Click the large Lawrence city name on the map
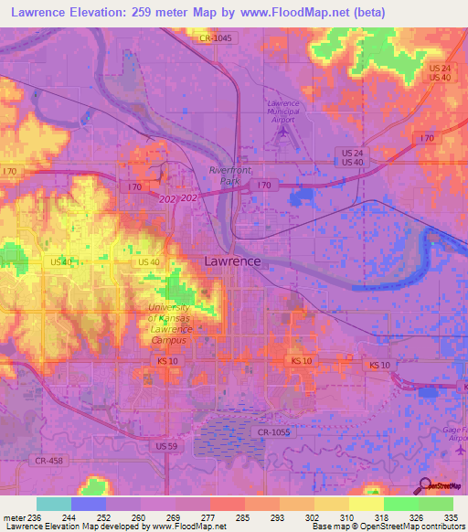pos(232,261)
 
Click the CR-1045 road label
pos(218,37)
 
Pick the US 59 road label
pos(166,446)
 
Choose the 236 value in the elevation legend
pos(28,518)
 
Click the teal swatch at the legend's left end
pos(53,504)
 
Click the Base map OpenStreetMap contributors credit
pos(387,527)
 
